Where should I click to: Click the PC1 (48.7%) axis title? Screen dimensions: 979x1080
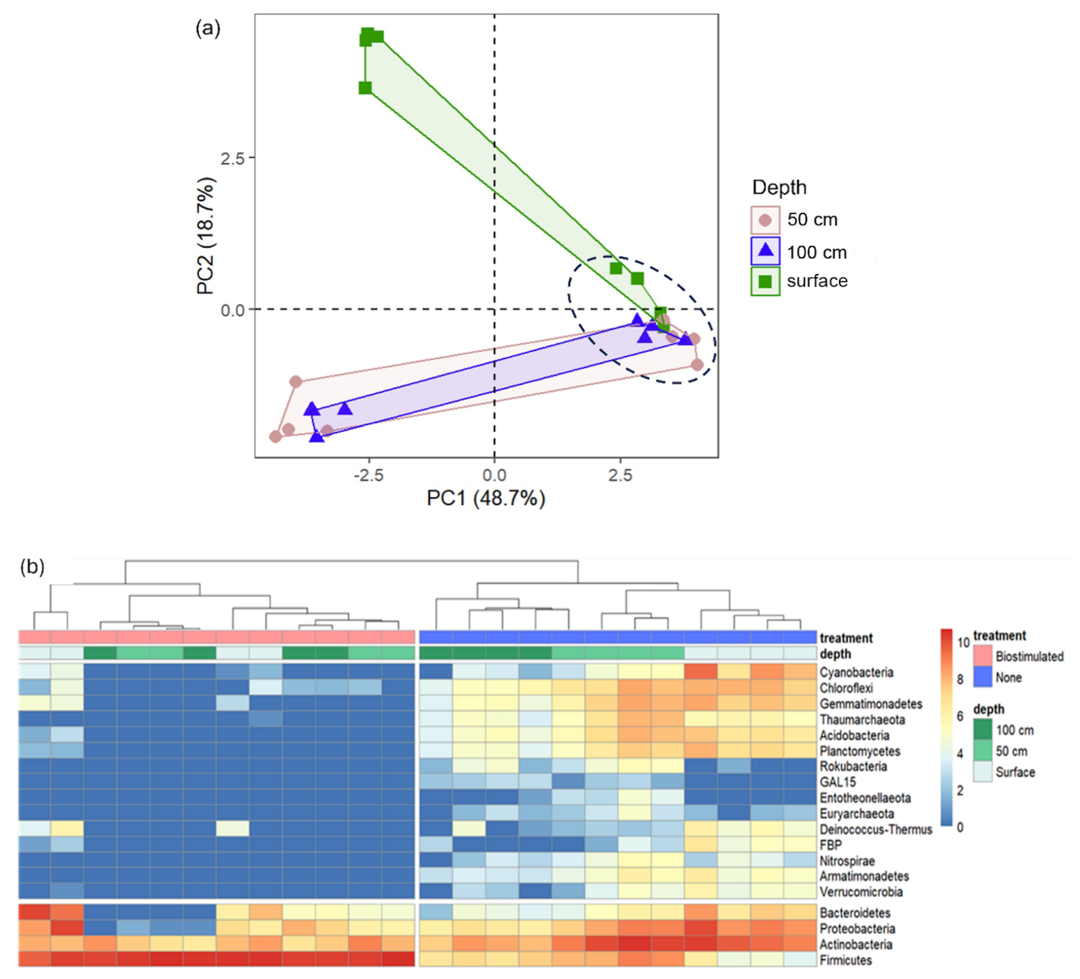pos(486,498)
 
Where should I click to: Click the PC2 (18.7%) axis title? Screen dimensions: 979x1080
pos(206,236)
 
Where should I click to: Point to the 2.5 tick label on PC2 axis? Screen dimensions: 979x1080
pos(232,158)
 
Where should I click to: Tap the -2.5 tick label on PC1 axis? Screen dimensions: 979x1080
pos(368,475)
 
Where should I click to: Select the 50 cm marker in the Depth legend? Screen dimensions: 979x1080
pos(765,220)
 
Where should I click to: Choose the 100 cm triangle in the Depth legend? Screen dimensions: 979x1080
pos(765,251)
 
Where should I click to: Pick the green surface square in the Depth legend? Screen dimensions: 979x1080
pos(765,281)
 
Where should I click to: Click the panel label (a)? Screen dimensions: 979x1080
pos(208,27)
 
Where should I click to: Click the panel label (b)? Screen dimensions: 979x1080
pos(32,566)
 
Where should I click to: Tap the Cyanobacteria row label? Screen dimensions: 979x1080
pos(856,672)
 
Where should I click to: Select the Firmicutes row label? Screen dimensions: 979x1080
pos(845,960)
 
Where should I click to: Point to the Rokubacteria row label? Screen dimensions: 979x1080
pos(853,766)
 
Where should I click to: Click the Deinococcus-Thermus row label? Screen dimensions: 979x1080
pos(876,829)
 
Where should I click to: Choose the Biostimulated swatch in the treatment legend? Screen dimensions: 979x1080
pos(982,656)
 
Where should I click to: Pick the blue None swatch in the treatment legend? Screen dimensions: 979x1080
pos(982,678)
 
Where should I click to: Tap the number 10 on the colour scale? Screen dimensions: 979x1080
pos(964,643)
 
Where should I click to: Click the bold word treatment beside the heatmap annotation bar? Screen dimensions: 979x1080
pos(846,638)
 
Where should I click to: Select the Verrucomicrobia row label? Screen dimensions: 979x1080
pos(861,892)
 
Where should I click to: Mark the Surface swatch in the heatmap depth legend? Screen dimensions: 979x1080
pos(982,772)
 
